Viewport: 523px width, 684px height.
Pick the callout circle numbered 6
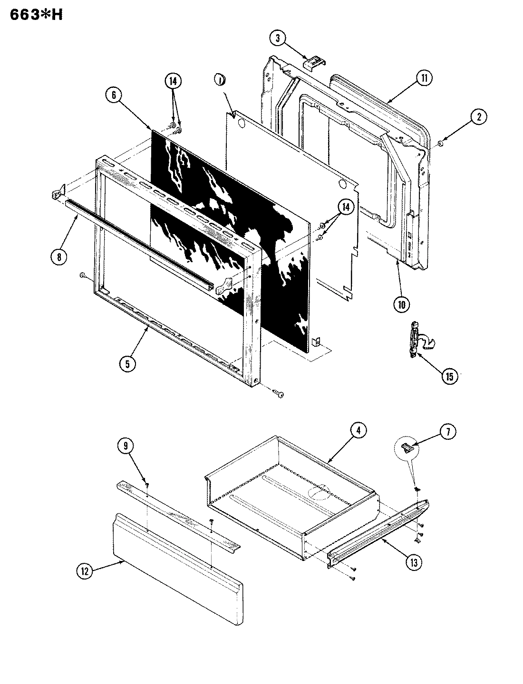click(113, 95)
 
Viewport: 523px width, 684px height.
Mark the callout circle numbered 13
click(413, 562)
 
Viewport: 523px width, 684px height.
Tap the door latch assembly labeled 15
click(416, 340)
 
